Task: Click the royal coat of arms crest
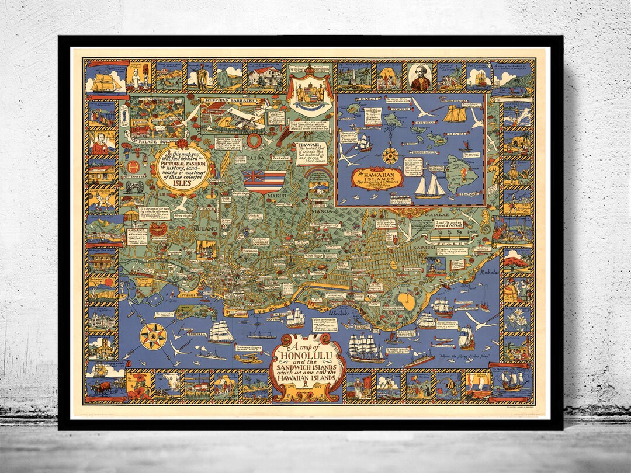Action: tap(307, 93)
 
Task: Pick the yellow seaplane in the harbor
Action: tap(249, 357)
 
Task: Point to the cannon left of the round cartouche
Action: tap(134, 186)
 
